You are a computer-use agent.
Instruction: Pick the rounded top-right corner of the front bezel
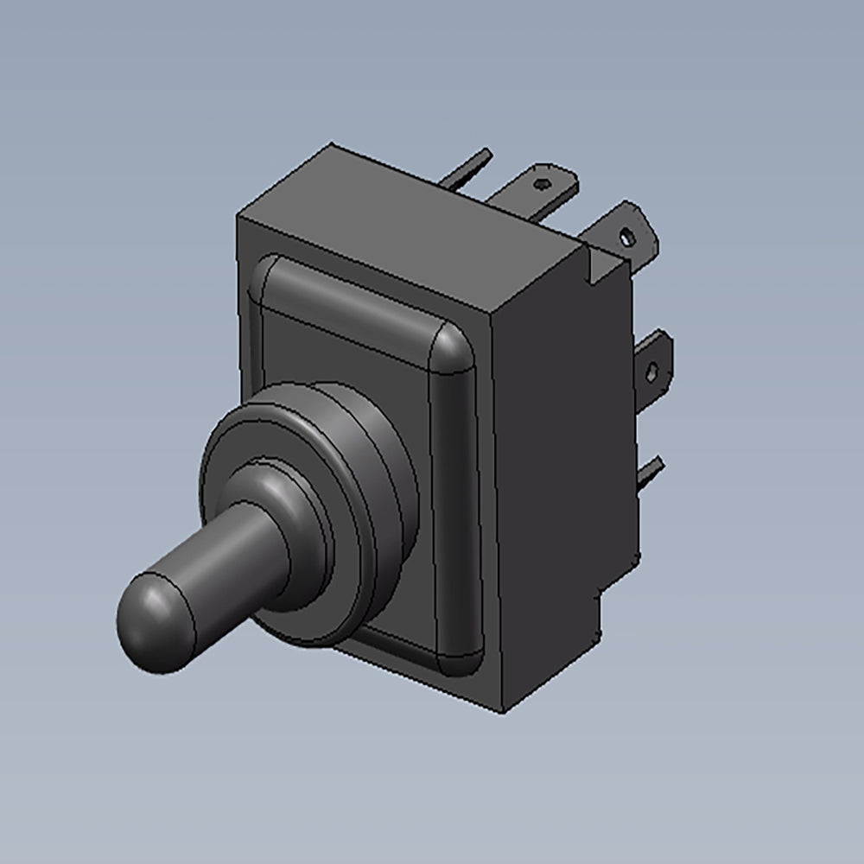453,351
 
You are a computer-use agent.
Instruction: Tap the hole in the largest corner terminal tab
626,232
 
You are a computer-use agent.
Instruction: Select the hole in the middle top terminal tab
542,184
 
